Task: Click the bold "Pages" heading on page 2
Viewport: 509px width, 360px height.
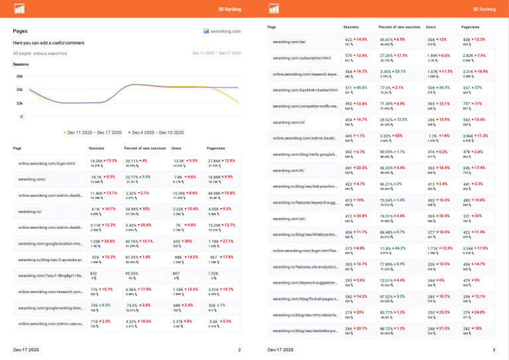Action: coord(20,31)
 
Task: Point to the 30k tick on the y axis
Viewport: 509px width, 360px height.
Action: coord(20,76)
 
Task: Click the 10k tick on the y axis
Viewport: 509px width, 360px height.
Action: coord(20,103)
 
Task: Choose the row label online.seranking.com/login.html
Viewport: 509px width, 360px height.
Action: coord(46,163)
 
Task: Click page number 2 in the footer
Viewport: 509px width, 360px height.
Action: coord(239,349)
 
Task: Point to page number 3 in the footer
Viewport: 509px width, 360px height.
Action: coord(494,349)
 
